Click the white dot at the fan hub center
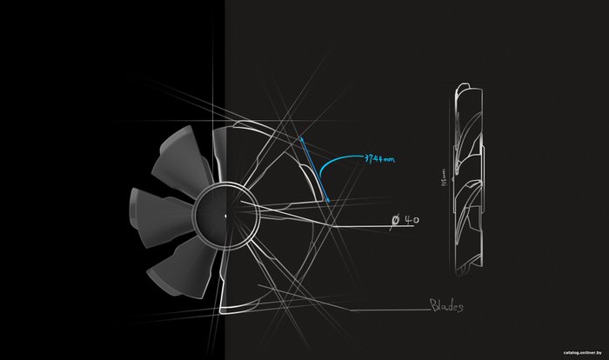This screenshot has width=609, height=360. pyautogui.click(x=224, y=217)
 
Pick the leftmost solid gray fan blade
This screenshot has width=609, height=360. pyautogui.click(x=157, y=209)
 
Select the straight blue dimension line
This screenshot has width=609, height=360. pyautogui.click(x=314, y=170)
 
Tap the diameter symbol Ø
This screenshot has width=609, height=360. pyautogui.click(x=396, y=222)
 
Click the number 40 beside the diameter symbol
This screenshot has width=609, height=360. pyautogui.click(x=412, y=221)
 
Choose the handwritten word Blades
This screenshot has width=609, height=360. pyautogui.click(x=446, y=306)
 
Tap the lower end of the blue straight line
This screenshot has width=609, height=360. pyautogui.click(x=329, y=205)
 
